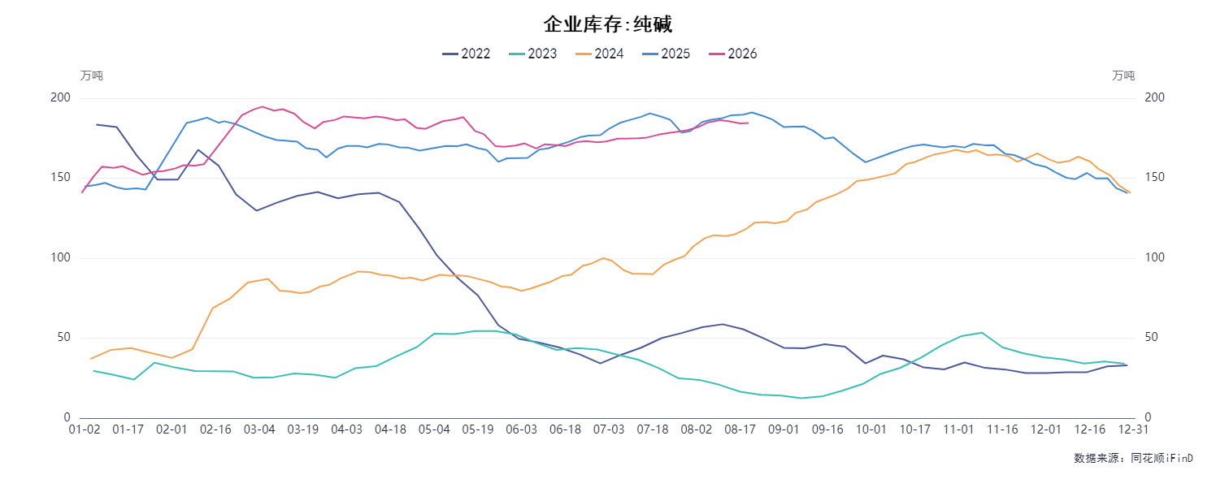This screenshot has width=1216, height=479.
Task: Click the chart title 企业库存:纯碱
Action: [x=608, y=24]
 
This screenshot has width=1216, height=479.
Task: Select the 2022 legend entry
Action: [x=467, y=54]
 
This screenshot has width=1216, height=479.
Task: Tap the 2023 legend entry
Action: [x=533, y=54]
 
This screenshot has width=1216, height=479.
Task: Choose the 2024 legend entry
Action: [x=600, y=54]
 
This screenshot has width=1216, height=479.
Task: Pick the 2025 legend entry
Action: [x=666, y=54]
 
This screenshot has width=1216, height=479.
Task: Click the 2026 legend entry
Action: [x=733, y=54]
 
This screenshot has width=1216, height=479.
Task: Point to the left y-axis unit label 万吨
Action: [x=92, y=76]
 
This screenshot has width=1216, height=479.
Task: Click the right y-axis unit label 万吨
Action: [x=1123, y=76]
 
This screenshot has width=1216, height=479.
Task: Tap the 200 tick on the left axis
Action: [x=60, y=97]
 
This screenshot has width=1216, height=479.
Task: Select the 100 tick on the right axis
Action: [x=1155, y=257]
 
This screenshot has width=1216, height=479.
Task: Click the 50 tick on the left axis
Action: [x=64, y=338]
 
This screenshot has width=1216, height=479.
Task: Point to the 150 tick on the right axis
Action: [x=1155, y=177]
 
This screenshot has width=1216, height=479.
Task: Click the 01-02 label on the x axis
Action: [x=85, y=429]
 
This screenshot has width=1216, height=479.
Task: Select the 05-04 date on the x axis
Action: [x=434, y=429]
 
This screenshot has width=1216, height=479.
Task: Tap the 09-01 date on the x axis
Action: [x=784, y=429]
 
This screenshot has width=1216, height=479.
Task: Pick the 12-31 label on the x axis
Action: [x=1133, y=429]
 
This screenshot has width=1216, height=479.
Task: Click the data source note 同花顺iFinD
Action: [x=1162, y=459]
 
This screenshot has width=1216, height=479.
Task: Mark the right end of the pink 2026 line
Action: [x=749, y=123]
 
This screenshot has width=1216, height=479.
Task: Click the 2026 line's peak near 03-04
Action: [x=263, y=106]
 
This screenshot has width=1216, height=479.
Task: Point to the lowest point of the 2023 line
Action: [x=801, y=398]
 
